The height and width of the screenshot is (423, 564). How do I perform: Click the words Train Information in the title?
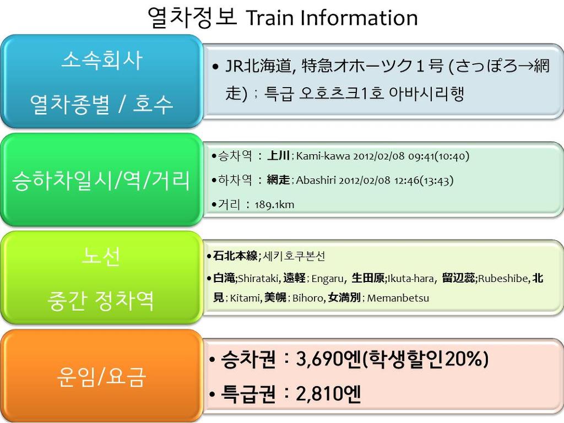pyautogui.click(x=332, y=18)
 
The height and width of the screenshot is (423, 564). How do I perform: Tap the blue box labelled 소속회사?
pyautogui.click(x=101, y=82)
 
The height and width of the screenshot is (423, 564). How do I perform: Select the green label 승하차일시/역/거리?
pyautogui.click(x=101, y=180)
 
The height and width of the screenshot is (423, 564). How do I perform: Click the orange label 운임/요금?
pyautogui.click(x=101, y=376)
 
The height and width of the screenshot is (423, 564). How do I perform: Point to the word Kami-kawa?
pyautogui.click(x=323, y=156)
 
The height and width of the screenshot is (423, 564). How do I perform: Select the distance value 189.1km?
pyautogui.click(x=274, y=205)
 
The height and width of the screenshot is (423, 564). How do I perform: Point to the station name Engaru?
pyautogui.click(x=327, y=279)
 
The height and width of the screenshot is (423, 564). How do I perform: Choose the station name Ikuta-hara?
pyautogui.click(x=410, y=278)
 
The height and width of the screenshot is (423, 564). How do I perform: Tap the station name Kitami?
pyautogui.click(x=245, y=298)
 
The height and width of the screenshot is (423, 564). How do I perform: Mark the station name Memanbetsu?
pyautogui.click(x=398, y=298)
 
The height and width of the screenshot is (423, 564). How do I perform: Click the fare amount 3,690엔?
pyautogui.click(x=328, y=359)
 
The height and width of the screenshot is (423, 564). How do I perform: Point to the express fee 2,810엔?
pyautogui.click(x=328, y=393)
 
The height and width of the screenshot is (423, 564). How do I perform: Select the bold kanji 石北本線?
pyautogui.click(x=235, y=256)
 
